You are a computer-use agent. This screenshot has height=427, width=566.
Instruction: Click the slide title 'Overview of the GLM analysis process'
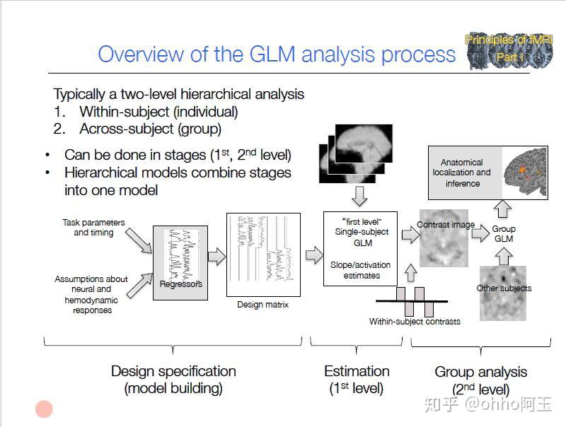277,54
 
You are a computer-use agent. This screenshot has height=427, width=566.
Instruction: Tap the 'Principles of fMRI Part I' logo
508,51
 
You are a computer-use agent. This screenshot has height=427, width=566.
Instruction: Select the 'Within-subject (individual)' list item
158,112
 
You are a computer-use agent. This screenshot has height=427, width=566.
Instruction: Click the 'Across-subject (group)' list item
150,129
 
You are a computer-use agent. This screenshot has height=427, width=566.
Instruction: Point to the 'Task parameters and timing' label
93,228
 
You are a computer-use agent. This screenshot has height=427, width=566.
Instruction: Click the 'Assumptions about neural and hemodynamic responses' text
91,294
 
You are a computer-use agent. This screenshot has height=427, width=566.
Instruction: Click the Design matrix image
262,255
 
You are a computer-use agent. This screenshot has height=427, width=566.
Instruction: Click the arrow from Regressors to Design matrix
216,256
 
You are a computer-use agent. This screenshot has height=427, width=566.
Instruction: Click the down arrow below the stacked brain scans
361,194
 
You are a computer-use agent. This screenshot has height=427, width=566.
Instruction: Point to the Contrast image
446,237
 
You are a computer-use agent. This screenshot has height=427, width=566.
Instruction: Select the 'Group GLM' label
504,234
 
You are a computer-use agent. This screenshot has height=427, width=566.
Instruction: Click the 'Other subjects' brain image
504,292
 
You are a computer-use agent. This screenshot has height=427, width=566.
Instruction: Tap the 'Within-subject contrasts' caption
415,321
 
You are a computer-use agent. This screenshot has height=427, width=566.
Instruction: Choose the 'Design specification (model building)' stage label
173,380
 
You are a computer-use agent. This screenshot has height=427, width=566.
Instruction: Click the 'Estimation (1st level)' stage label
357,380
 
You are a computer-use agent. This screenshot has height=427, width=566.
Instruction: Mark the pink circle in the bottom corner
45,409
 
